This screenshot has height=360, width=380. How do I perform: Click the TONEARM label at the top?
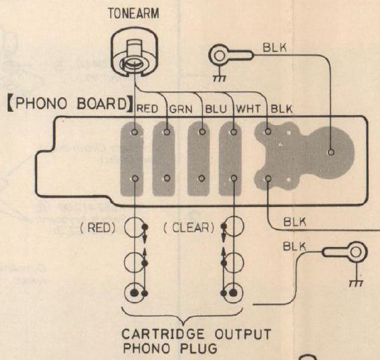point(134,13)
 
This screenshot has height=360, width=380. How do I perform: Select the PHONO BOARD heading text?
point(70,103)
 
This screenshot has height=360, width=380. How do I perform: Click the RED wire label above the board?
point(147,109)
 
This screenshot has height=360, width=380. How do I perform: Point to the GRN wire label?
point(181,109)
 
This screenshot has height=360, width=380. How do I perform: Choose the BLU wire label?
point(216,109)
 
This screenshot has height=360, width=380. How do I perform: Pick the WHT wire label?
point(248,109)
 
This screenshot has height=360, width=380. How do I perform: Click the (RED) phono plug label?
point(98,228)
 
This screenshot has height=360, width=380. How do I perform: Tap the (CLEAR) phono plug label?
point(189,228)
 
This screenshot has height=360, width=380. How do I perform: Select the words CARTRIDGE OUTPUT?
point(196,335)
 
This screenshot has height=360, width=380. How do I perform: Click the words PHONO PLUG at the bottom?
point(170,349)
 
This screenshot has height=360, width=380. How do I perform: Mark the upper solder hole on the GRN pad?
point(167,132)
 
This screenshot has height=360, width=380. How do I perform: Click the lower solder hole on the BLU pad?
point(202,178)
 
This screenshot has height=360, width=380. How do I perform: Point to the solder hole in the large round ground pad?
point(331,152)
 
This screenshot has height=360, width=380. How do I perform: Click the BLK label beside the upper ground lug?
point(275,48)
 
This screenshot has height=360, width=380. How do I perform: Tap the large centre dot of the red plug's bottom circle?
point(134,293)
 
